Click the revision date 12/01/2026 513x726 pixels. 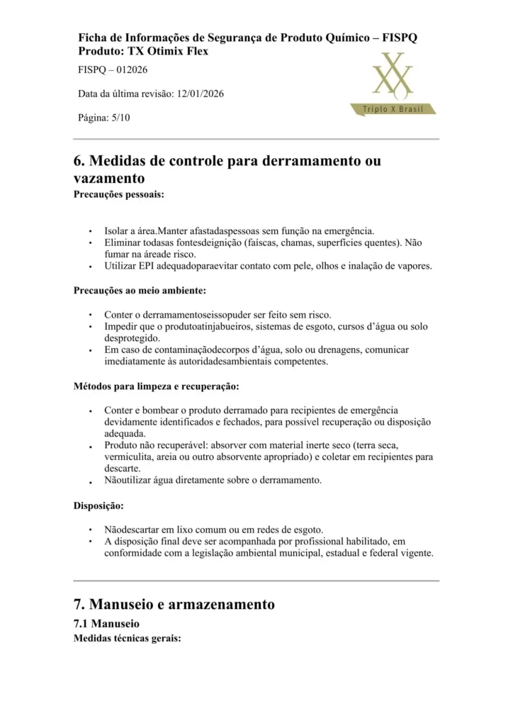(x=201, y=94)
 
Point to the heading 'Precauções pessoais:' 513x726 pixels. (x=119, y=194)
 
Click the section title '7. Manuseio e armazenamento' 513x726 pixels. (x=174, y=605)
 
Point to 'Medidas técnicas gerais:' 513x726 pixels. (x=128, y=638)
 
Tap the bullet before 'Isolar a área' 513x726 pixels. (x=90, y=232)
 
